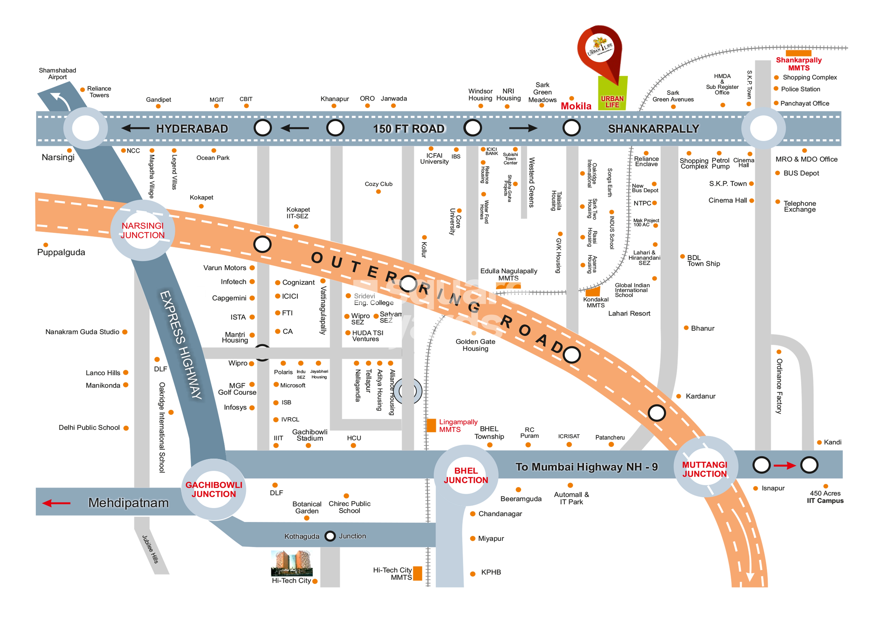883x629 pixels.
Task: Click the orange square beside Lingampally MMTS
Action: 431,425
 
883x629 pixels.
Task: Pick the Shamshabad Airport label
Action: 57,74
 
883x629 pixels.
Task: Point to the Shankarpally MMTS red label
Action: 799,64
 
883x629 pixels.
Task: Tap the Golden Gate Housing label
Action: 475,345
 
